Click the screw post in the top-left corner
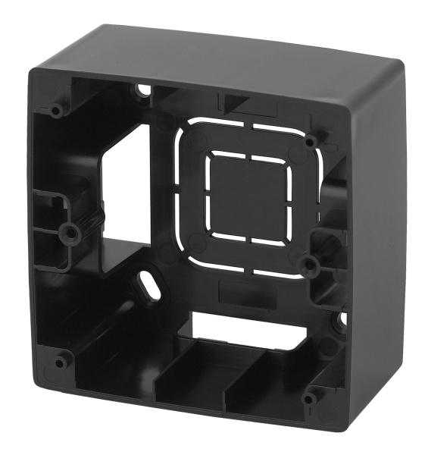pyautogui.click(x=57, y=111)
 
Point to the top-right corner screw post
pyautogui.click(x=311, y=140)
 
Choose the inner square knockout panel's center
pyautogui.click(x=250, y=197)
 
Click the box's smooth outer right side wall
pyautogui.click(x=379, y=227)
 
